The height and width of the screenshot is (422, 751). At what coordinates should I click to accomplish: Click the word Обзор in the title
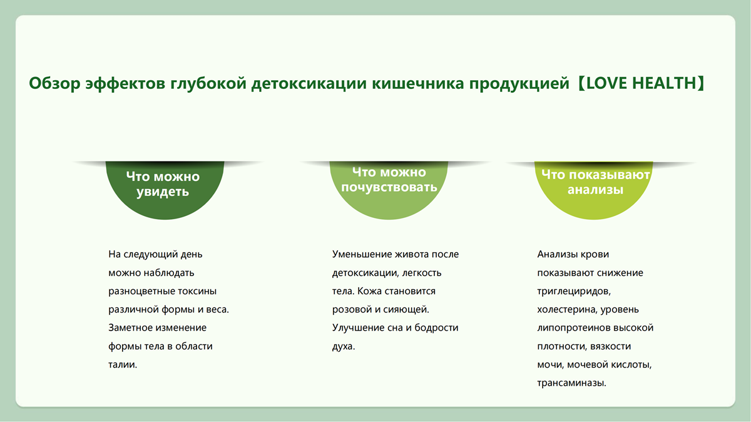pyautogui.click(x=54, y=83)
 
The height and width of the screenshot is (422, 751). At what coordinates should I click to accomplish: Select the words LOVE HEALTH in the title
pyautogui.click(x=641, y=83)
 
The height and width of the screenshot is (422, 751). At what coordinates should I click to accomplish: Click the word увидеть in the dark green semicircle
pyautogui.click(x=163, y=192)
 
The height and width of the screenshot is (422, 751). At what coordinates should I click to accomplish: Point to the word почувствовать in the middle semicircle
pyautogui.click(x=389, y=187)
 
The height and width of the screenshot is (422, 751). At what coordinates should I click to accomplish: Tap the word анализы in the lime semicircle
pyautogui.click(x=595, y=190)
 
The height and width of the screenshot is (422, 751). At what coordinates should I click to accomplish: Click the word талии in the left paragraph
pyautogui.click(x=121, y=364)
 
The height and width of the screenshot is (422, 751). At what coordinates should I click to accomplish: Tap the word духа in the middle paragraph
pyautogui.click(x=343, y=346)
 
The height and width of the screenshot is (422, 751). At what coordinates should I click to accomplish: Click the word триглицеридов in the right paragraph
pyautogui.click(x=573, y=292)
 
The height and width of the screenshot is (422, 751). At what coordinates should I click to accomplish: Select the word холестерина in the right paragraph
pyautogui.click(x=567, y=310)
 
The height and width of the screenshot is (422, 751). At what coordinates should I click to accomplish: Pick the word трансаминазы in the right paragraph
pyautogui.click(x=571, y=383)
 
